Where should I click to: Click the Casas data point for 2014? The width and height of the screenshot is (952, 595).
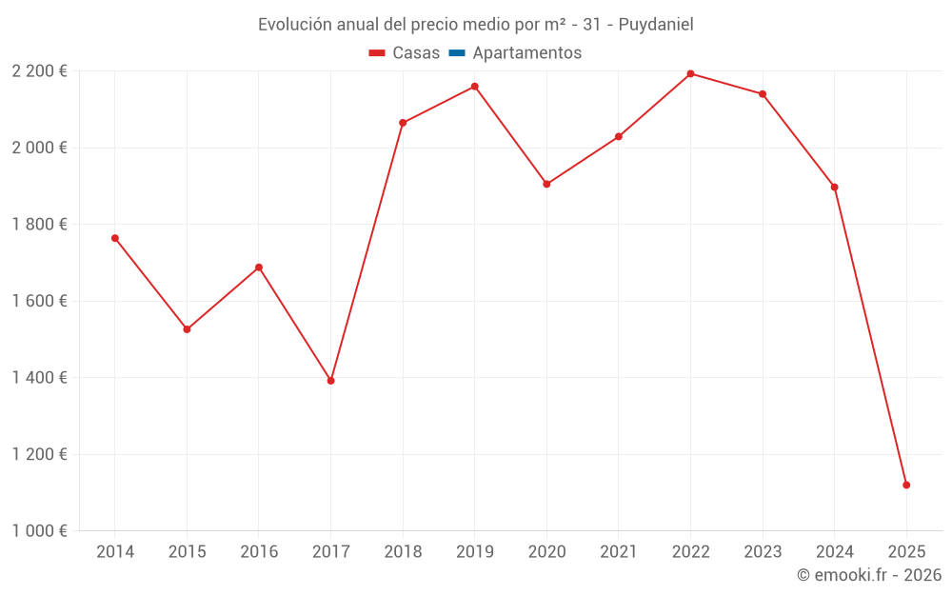(x=115, y=238)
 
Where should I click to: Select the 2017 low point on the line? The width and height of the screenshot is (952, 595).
(x=330, y=381)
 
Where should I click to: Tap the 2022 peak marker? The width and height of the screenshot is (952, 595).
(x=690, y=73)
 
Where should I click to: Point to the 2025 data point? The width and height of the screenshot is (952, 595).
(x=906, y=486)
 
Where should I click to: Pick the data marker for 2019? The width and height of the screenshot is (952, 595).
(x=475, y=87)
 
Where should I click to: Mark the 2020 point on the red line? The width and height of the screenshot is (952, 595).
(x=546, y=184)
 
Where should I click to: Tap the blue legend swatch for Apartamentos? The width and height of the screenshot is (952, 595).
(x=457, y=53)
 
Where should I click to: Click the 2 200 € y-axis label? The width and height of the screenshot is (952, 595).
(x=39, y=71)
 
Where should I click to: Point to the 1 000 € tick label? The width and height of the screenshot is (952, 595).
(x=39, y=531)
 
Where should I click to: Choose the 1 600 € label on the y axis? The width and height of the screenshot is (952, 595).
(x=39, y=301)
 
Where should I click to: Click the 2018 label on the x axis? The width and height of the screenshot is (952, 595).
(x=403, y=552)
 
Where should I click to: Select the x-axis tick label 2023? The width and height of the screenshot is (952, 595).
(x=763, y=552)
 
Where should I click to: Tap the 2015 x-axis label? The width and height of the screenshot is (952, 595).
(x=187, y=552)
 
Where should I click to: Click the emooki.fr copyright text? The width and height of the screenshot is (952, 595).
(x=869, y=575)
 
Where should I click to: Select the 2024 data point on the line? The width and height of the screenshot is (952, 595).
(x=835, y=187)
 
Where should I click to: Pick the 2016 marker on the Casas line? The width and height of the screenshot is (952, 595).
(x=259, y=268)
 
